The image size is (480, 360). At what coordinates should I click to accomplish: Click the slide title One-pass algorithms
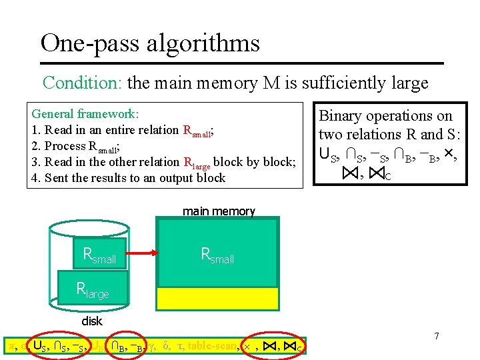coord(150,43)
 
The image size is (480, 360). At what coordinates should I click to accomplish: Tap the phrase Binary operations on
coord(386,116)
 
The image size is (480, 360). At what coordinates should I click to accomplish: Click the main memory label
coord(219,211)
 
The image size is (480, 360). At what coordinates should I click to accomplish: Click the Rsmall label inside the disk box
coord(99,255)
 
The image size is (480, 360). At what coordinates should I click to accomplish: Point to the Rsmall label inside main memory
coord(217,255)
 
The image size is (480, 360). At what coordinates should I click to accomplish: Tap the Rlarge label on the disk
coord(93,290)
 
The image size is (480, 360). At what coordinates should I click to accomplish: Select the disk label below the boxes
coord(92,321)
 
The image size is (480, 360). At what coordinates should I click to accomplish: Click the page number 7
coord(436,336)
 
